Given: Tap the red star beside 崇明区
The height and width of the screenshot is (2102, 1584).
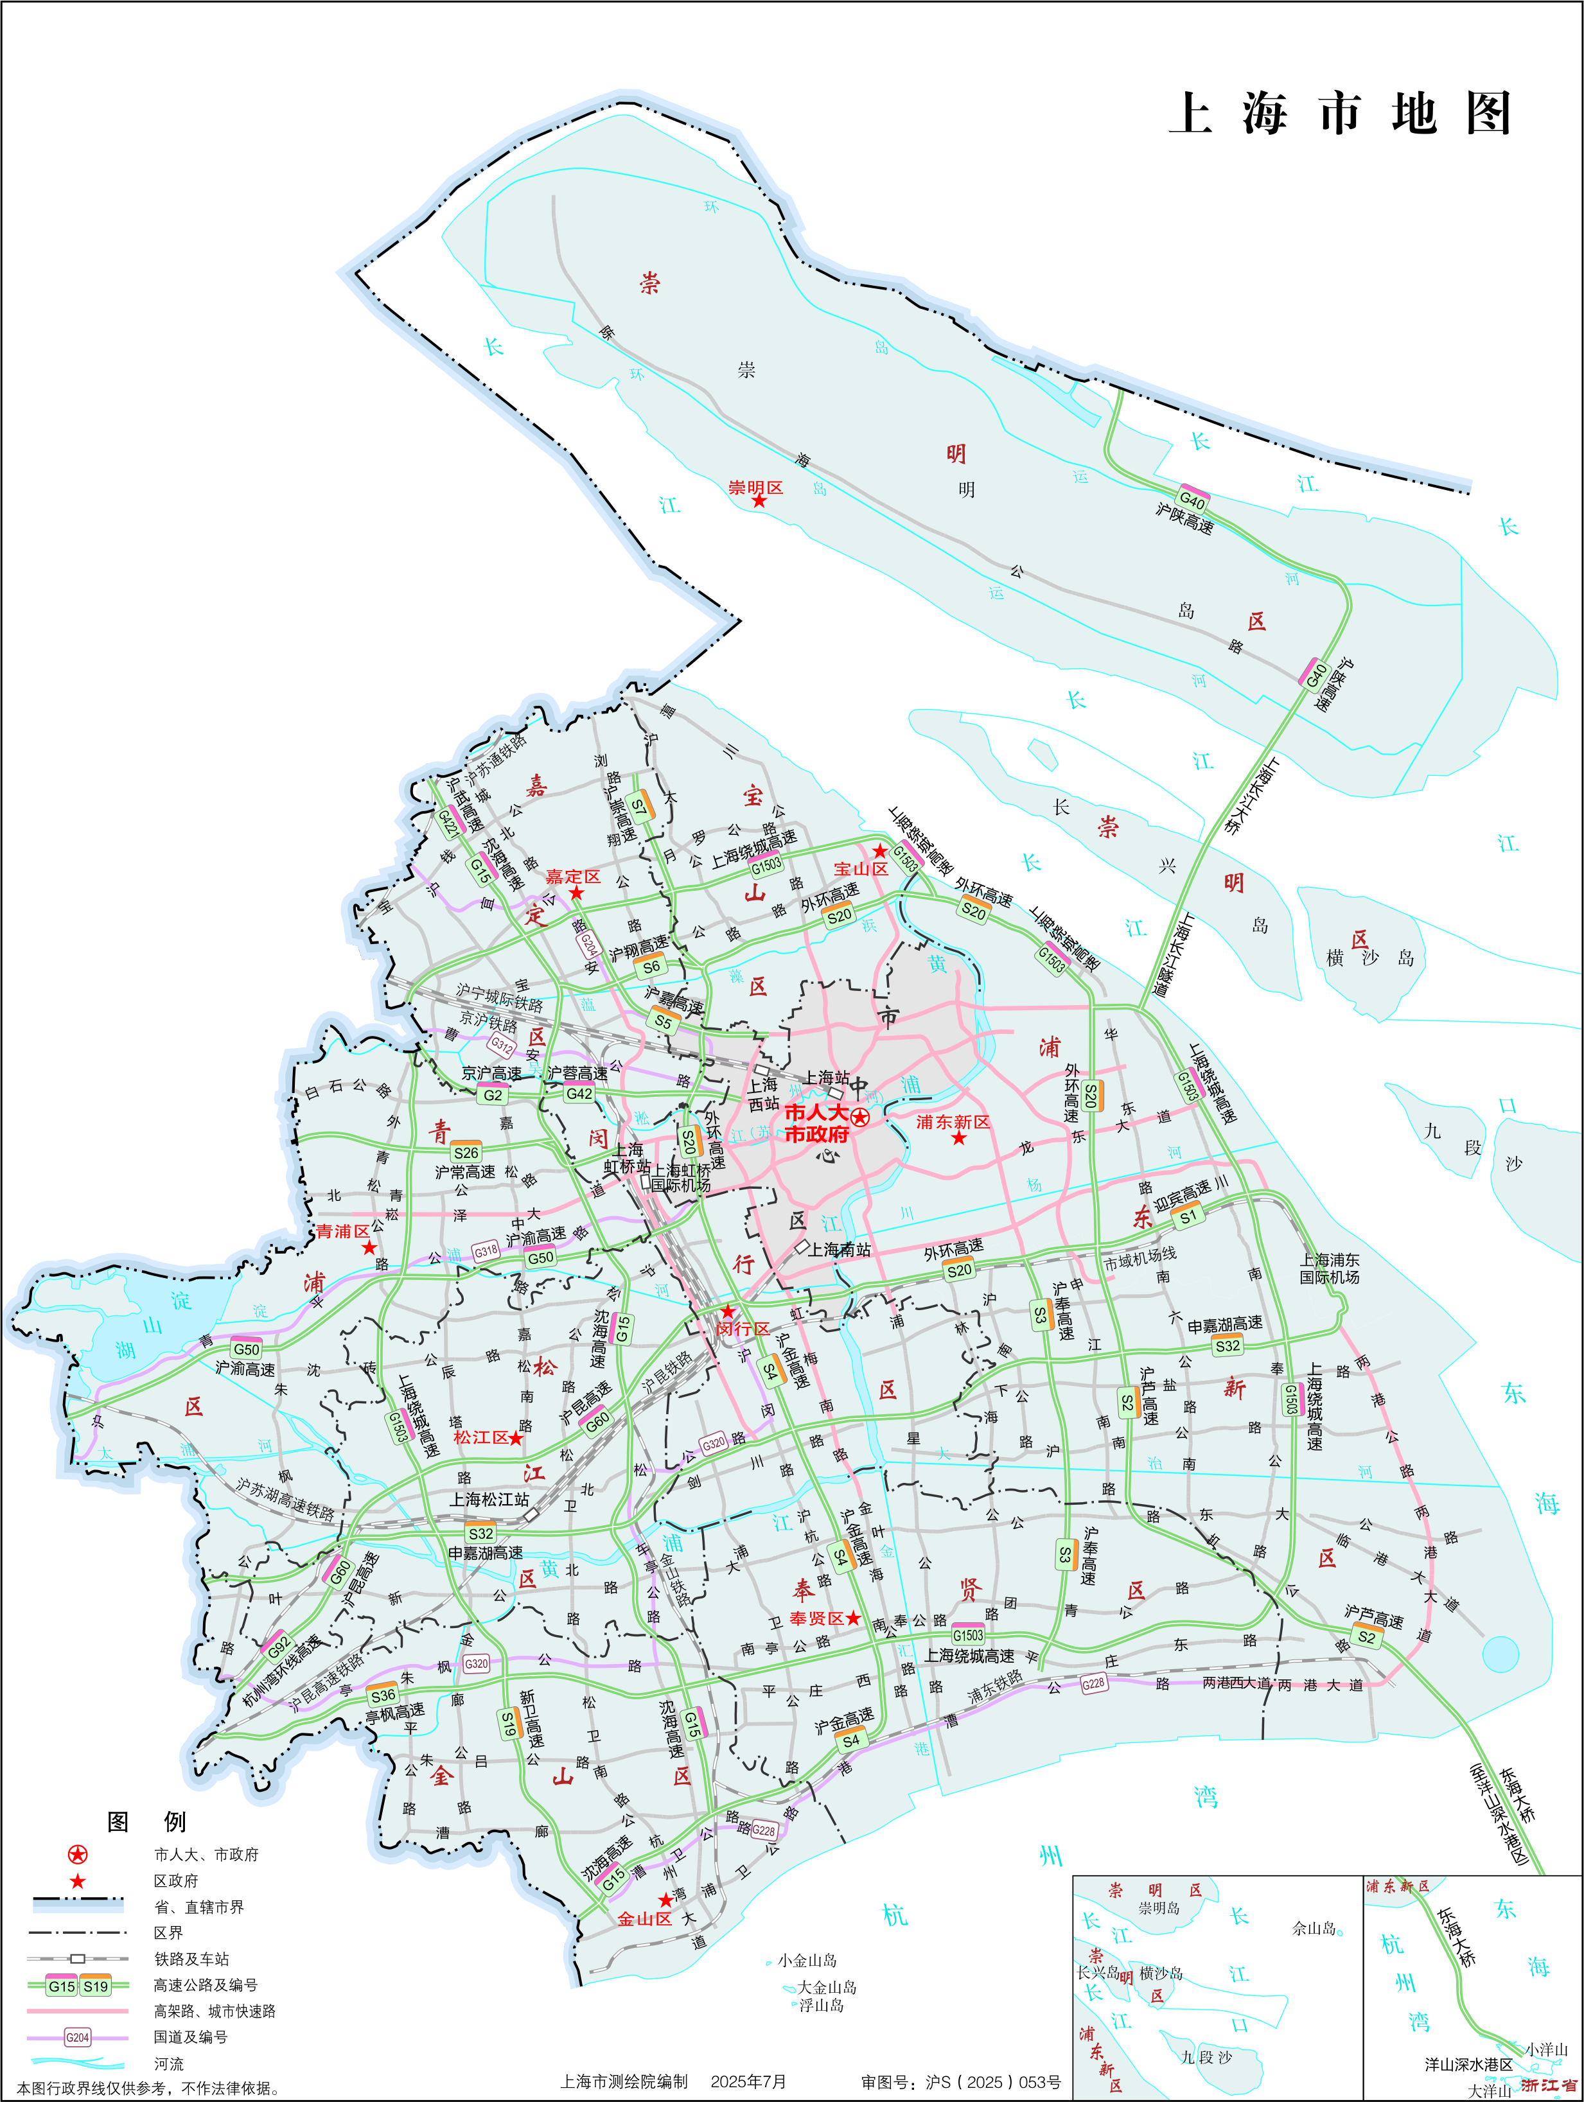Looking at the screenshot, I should click(758, 501).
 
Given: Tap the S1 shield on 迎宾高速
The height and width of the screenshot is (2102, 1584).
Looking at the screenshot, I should click(1188, 1216).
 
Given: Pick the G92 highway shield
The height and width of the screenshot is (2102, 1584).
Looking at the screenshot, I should click(278, 1645).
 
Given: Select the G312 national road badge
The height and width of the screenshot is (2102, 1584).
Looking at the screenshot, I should click(502, 1046).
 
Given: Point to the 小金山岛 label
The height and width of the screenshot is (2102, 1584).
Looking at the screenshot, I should click(807, 1961).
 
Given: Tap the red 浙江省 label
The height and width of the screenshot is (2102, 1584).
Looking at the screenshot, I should click(1549, 2085).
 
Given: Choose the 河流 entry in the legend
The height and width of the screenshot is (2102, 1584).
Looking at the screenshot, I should click(169, 2064).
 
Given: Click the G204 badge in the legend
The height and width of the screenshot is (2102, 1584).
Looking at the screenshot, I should click(77, 2037).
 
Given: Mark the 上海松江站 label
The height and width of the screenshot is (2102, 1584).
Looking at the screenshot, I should click(489, 1500).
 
